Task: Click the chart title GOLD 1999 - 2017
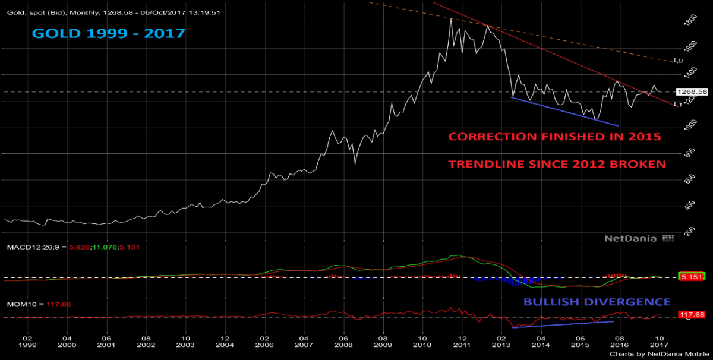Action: tap(108, 33)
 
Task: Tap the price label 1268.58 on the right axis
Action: tap(692, 92)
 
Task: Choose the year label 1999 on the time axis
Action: tap(28, 345)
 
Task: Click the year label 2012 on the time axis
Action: tap(462, 345)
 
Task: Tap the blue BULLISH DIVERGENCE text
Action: tap(597, 302)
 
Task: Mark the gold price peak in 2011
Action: tap(451, 19)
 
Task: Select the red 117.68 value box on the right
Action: tap(692, 315)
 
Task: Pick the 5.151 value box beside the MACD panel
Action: tap(692, 276)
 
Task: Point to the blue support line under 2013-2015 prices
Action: tap(564, 111)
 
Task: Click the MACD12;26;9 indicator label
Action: tap(30, 247)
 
